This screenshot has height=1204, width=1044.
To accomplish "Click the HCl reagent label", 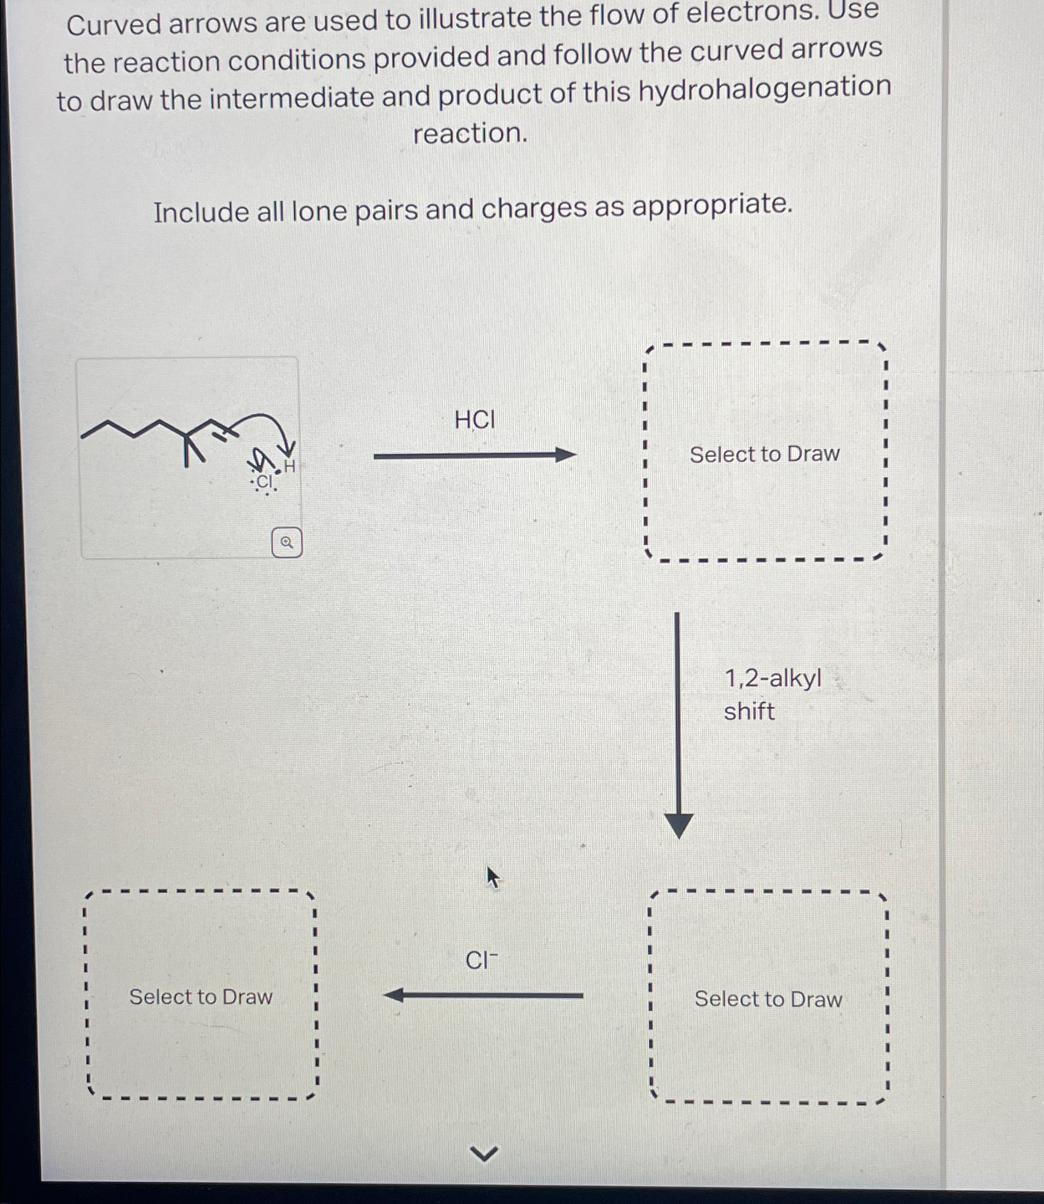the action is pos(475,420).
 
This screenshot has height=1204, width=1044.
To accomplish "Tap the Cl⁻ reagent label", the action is pos(482,960).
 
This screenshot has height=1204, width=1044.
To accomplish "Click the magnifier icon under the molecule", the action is pos(287,542).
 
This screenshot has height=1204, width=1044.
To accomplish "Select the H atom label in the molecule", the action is pos(289,466).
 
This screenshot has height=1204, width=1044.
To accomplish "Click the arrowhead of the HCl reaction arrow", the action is pos(566,455).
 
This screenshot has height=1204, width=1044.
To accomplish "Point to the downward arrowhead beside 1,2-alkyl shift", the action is pos(679,826).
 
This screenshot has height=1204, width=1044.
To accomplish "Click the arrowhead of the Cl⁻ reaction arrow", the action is pos(394,995).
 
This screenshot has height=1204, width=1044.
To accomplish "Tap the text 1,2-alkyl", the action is pos(773,678).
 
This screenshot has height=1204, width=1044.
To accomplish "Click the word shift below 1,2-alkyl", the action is pos(749,711).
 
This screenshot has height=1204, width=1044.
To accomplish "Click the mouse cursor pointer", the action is pos(493,877).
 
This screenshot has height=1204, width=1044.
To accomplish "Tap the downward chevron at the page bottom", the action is pos(484,1154).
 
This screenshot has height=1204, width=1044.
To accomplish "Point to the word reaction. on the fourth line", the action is pos(470,133).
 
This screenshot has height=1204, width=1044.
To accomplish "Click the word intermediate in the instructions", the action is pos(292,96).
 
